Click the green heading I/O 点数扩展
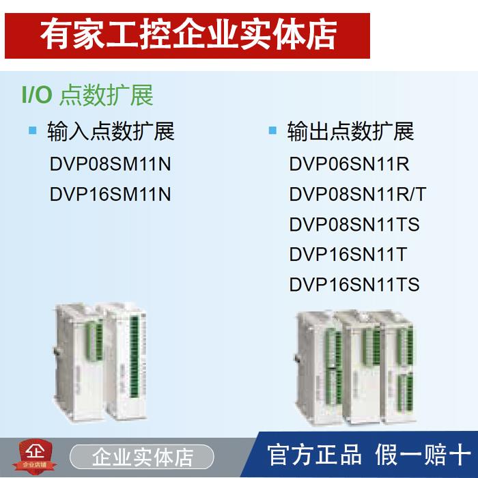[87, 95]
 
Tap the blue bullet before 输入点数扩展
[32, 130]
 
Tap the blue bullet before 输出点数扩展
[272, 130]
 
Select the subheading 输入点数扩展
[111, 131]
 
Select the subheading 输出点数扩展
[350, 131]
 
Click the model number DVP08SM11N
[110, 165]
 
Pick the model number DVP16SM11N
[110, 195]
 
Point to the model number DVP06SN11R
[349, 165]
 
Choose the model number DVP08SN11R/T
[357, 195]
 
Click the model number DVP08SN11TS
[354, 225]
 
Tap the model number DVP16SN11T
[348, 255]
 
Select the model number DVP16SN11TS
[354, 285]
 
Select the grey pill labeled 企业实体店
[142, 456]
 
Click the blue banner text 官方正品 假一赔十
[367, 455]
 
